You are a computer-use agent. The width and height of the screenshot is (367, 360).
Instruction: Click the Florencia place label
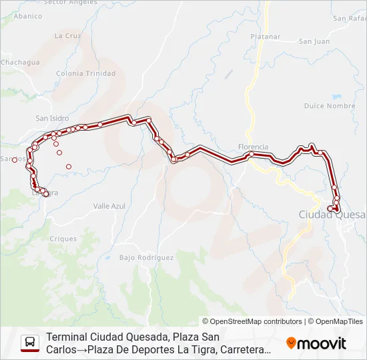click(x=253, y=147)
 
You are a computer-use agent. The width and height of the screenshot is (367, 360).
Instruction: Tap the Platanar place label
click(x=266, y=37)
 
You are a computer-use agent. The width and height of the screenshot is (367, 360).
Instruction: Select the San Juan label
click(x=314, y=41)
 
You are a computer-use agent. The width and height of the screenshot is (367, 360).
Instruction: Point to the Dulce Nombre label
click(x=330, y=106)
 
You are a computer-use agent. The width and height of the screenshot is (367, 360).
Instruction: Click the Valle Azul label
click(x=109, y=207)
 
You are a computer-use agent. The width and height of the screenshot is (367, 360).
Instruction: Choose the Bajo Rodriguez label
click(x=146, y=257)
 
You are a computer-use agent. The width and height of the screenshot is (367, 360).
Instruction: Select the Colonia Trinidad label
click(x=86, y=73)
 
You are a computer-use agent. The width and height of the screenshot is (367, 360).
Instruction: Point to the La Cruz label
click(x=67, y=35)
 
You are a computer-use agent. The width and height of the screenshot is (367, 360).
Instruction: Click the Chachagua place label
click(x=20, y=62)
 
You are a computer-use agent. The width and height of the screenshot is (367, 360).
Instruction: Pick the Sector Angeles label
click(x=69, y=3)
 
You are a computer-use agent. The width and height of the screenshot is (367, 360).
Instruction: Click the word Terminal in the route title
click(x=67, y=337)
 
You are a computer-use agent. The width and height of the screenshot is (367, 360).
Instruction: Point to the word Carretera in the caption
click(x=247, y=349)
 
